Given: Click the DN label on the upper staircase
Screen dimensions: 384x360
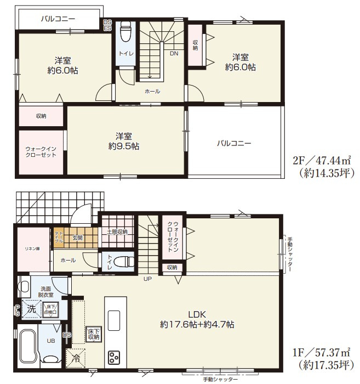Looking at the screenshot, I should click(174, 54).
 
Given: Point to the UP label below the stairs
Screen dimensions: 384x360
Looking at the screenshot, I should click(147, 279).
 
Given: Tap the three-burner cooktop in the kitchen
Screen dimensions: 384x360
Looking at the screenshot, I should click(114, 357).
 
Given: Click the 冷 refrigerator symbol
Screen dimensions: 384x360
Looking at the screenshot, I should click(75, 358).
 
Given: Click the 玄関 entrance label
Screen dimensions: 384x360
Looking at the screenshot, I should click(77, 238).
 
